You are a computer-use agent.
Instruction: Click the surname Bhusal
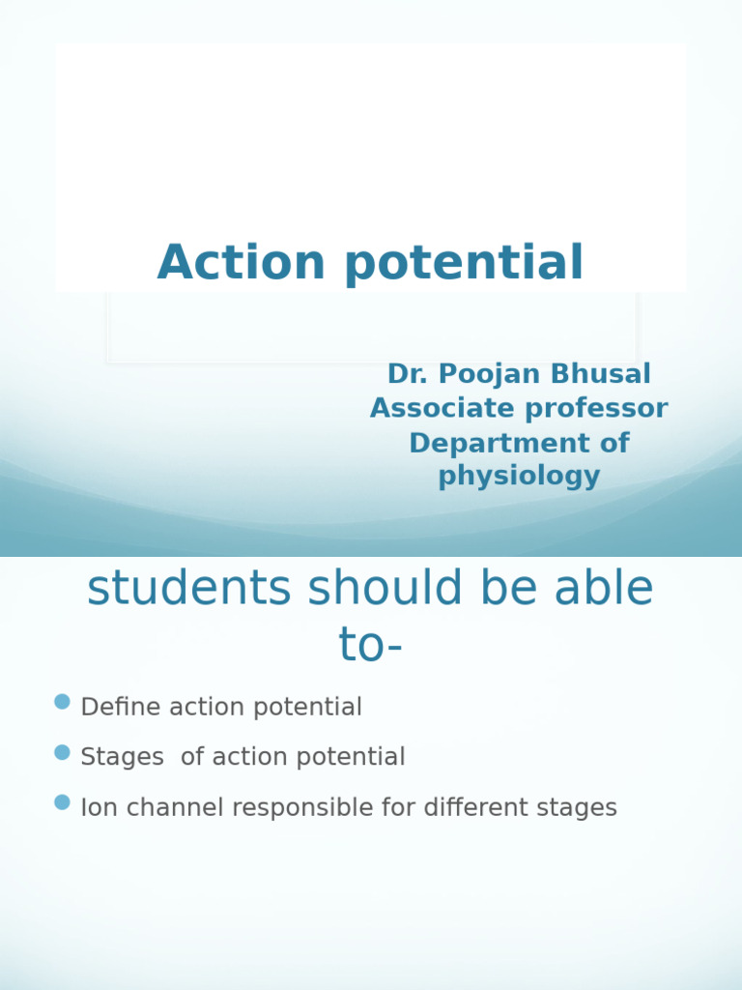click(599, 374)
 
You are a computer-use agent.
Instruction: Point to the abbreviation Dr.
click(405, 374)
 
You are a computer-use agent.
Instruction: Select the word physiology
click(519, 477)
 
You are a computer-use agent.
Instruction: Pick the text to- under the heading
click(370, 645)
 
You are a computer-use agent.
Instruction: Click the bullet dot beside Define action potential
click(63, 702)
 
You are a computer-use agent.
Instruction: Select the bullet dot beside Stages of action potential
click(63, 752)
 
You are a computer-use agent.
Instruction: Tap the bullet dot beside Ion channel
click(63, 802)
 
